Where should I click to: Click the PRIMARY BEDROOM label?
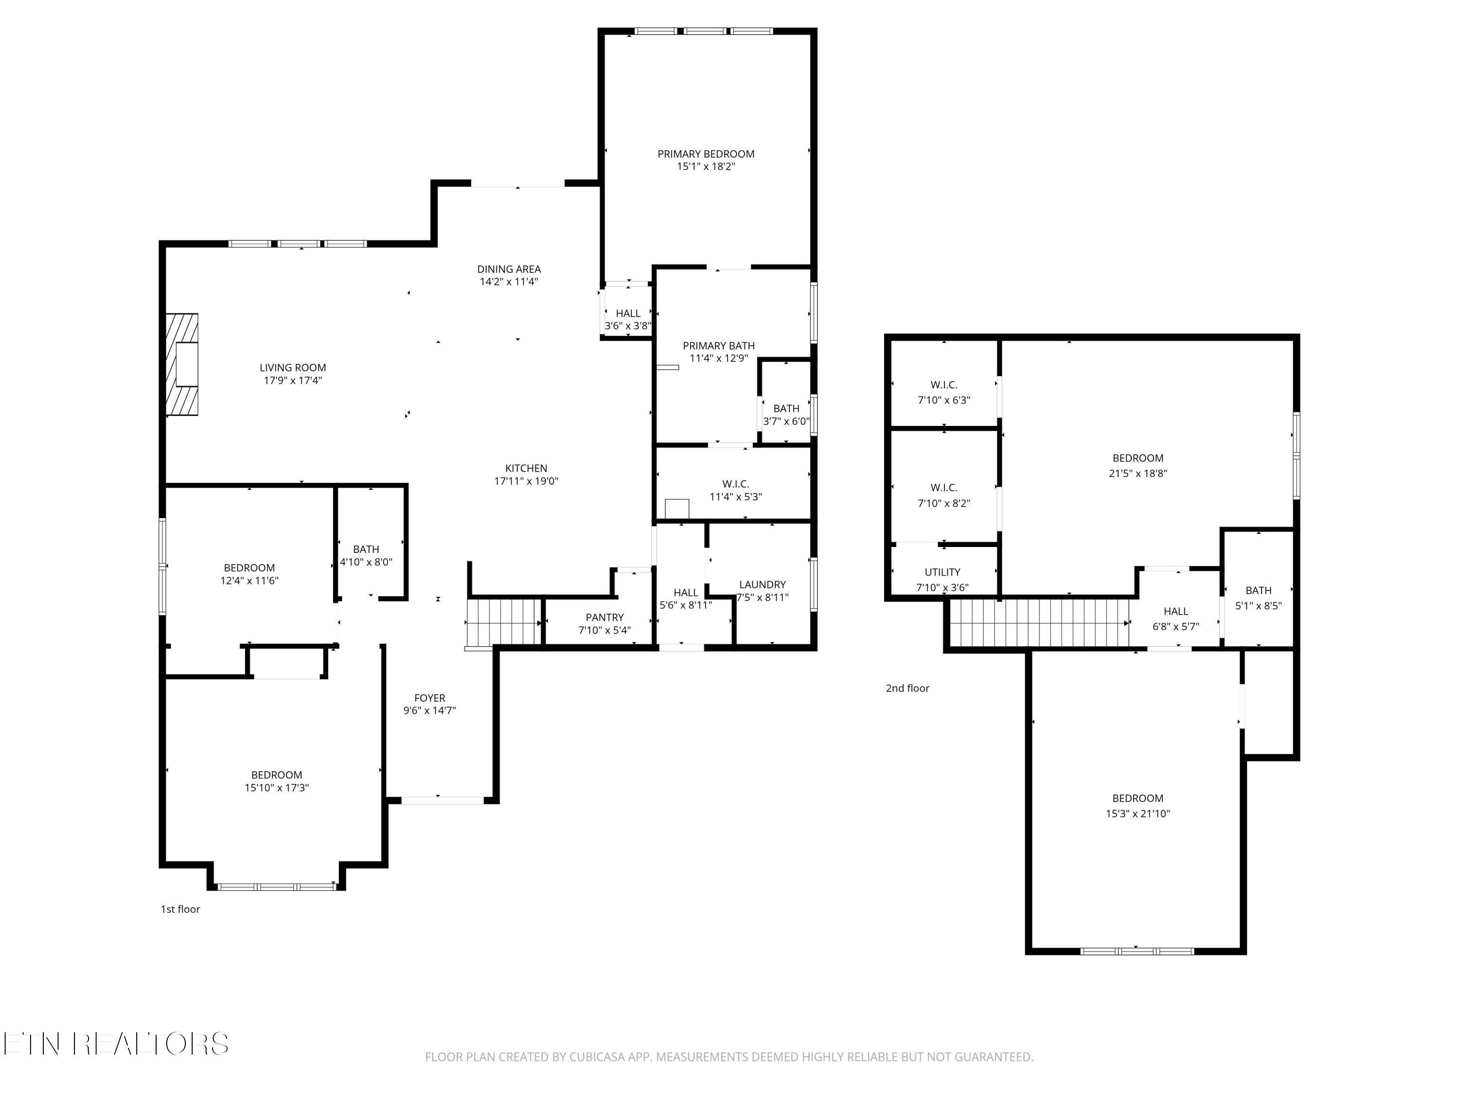tap(706, 154)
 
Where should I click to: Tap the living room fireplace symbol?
tap(182, 364)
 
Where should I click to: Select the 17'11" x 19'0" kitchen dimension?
tap(526, 481)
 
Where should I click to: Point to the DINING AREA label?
tap(509, 269)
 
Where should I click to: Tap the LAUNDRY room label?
tap(763, 584)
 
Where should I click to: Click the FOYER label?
tap(429, 698)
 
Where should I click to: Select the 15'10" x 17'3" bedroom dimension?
tap(276, 787)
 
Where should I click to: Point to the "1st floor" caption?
tap(180, 909)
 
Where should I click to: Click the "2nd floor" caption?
tap(907, 688)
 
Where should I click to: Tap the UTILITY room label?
tap(943, 572)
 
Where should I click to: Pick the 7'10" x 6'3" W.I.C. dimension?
tap(944, 400)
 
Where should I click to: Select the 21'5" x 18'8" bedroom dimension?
tap(1138, 473)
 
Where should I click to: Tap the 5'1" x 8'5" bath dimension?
tap(1259, 605)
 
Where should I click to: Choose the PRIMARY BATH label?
tap(718, 346)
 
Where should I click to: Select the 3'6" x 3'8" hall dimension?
tap(628, 326)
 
